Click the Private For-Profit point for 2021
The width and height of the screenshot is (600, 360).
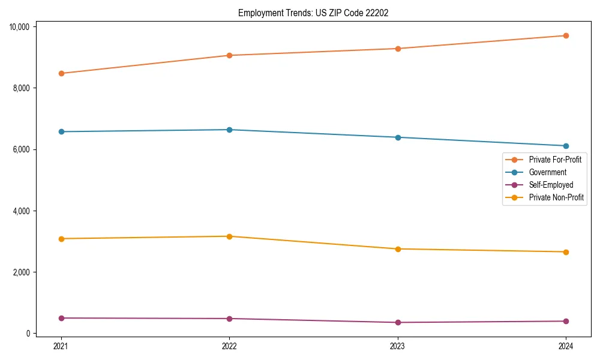[x=61, y=73]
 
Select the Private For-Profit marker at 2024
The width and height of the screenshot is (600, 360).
[x=566, y=35]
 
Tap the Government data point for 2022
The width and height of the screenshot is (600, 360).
[x=229, y=130]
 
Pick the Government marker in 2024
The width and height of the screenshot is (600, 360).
[x=566, y=146]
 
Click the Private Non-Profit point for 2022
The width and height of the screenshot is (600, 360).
[x=229, y=236]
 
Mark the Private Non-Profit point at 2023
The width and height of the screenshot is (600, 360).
[x=398, y=249]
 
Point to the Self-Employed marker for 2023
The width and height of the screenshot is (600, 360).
[x=398, y=322]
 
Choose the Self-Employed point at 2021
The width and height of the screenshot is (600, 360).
[x=61, y=318]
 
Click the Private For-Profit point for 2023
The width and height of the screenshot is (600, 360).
[x=398, y=49]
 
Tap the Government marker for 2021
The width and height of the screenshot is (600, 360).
[x=61, y=131]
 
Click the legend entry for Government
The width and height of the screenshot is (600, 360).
[x=547, y=172]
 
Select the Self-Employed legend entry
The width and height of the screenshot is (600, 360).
[x=551, y=185]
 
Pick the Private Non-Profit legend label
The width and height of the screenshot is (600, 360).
[x=556, y=197]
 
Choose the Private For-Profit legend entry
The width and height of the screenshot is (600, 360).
[x=555, y=160]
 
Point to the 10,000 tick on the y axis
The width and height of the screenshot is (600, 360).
[x=20, y=26]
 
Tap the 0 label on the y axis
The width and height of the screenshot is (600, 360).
[x=30, y=334]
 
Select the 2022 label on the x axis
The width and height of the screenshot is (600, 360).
[x=229, y=346]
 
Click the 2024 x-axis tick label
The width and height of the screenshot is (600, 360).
[x=566, y=346]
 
